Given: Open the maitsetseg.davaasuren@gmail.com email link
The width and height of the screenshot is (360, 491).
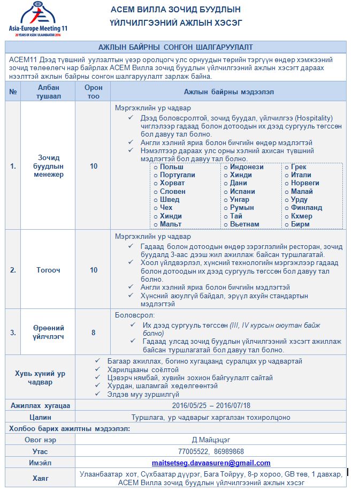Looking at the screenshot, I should tap(211, 463).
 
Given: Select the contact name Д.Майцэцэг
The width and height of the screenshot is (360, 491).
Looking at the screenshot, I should tap(211, 440).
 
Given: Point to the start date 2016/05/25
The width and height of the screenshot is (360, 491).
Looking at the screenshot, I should tap(190, 405).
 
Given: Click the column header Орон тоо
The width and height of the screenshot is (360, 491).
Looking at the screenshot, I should tap(94, 92).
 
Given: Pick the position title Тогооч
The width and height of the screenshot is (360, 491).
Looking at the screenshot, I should tap(48, 270).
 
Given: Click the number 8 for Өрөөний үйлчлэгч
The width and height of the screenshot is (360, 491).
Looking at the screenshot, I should tap(94, 333).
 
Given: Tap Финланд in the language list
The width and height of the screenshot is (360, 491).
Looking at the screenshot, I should tap(306, 207).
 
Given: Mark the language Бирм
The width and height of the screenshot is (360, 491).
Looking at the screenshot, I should tap(300, 224).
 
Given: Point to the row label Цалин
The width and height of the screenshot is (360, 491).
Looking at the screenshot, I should tap(41, 417).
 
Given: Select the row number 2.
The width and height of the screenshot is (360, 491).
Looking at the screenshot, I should tap(13, 270).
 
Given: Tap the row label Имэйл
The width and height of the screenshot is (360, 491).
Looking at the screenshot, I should tap(41, 463).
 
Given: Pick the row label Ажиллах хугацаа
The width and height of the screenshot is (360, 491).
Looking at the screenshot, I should tap(41, 405).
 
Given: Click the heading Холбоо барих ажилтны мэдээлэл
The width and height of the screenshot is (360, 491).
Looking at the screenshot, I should tap(70, 428).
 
